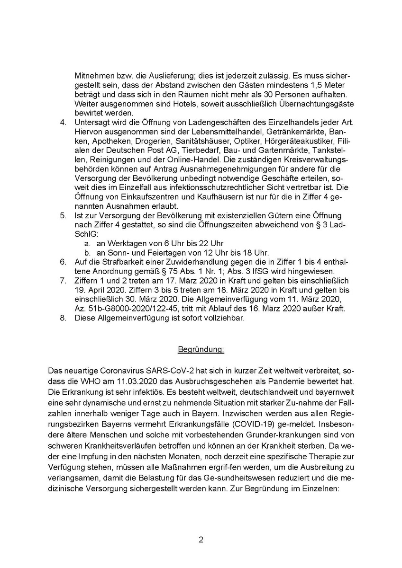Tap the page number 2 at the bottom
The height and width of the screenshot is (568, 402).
pyautogui.click(x=201, y=539)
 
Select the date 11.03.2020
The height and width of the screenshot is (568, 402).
pyautogui.click(x=130, y=380)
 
